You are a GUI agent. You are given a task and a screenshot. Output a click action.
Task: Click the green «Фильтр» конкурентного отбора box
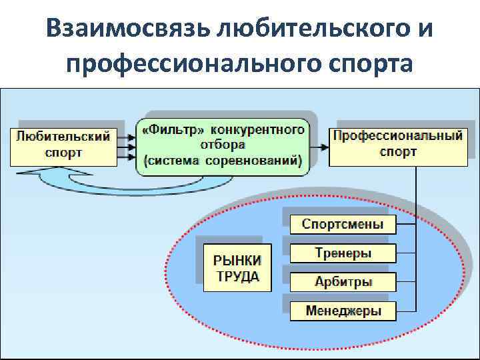[223, 144]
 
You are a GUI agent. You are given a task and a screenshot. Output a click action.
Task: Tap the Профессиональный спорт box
[398, 144]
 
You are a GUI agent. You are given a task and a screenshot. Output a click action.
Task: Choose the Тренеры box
[343, 253]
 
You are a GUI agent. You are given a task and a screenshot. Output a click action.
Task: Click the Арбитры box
[343, 282]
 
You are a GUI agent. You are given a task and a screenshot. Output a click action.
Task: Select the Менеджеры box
[343, 311]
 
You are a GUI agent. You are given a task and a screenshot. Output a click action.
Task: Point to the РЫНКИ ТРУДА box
[237, 267]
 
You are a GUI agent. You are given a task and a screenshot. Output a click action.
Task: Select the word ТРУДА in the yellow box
[237, 276]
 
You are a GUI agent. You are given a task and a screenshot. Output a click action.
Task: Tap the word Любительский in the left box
[63, 137]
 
